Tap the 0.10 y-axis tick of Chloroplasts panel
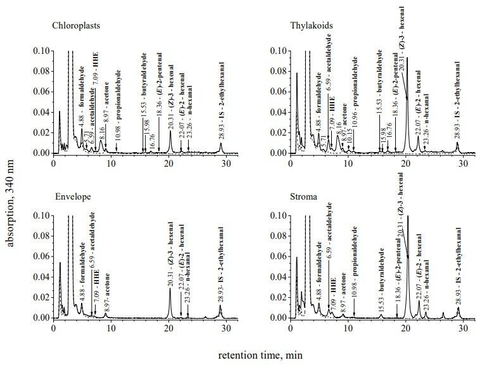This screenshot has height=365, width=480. coord(40,50)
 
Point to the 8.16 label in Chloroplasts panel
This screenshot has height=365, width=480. coord(101,132)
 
